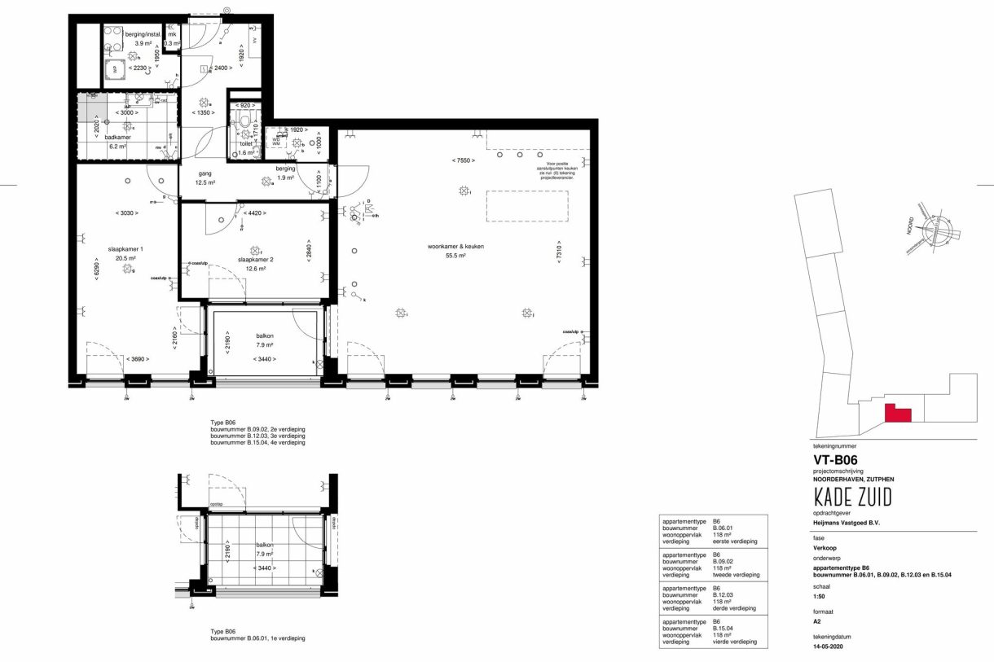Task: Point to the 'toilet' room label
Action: (x=245, y=142)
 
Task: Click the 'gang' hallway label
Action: (x=205, y=173)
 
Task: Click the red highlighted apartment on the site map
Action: (x=897, y=413)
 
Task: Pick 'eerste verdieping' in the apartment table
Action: (x=734, y=541)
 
